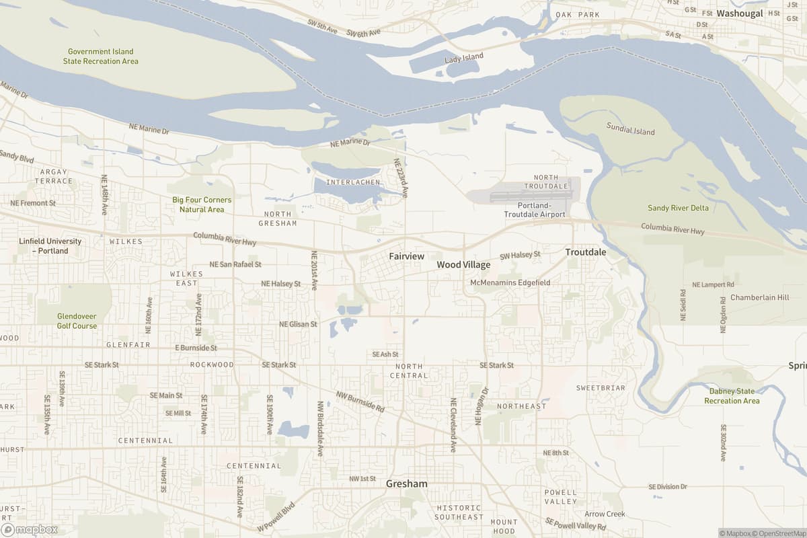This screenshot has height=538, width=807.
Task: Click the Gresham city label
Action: [406, 484]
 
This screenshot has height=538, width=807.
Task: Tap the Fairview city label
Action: [406, 256]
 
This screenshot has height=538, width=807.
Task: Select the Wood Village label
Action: [463, 265]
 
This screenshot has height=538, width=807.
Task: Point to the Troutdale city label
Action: [585, 252]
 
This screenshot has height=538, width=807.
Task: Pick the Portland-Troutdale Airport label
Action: [535, 209]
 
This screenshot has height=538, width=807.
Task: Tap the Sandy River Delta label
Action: [678, 208]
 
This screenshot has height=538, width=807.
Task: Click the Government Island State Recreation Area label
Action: [101, 56]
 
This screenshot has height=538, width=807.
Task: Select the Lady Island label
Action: [464, 59]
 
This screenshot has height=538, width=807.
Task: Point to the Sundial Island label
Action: [630, 128]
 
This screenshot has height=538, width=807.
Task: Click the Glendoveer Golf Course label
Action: [77, 321]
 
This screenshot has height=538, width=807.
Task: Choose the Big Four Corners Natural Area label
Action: [202, 204]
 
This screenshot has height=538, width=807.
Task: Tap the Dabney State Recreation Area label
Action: [732, 396]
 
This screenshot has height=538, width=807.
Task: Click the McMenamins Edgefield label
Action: [510, 282]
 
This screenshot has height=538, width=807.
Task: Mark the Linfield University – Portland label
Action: [50, 246]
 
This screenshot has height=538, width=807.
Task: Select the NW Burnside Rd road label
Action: [360, 401]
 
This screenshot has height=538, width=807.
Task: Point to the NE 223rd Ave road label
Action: [401, 178]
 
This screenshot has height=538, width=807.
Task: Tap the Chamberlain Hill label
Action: [759, 297]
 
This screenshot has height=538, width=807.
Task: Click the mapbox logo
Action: [31, 529]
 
